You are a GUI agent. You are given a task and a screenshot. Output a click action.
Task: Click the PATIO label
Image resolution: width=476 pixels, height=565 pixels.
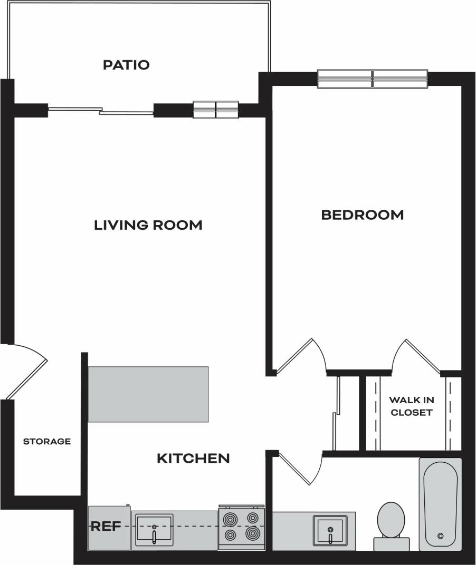click(126, 65)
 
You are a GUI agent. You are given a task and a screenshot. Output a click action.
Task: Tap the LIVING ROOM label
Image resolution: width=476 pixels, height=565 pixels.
click(148, 225)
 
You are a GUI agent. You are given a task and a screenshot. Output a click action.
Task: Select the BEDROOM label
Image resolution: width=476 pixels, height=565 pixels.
click(363, 215)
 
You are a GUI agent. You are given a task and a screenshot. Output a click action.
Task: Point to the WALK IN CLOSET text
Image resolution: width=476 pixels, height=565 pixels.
click(411, 406)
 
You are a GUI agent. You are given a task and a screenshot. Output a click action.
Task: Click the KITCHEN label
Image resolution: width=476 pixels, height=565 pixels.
click(193, 459)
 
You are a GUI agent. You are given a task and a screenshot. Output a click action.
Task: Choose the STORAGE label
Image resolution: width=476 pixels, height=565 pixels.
click(46, 441)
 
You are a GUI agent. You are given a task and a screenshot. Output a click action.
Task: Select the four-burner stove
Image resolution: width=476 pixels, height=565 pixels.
click(242, 527)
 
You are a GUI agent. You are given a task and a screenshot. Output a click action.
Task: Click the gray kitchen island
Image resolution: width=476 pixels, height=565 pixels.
click(148, 394)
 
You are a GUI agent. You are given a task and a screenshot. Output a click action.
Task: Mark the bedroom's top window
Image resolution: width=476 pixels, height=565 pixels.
click(372, 79)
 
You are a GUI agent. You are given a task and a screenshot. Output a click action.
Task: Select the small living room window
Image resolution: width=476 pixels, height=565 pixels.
click(216, 110)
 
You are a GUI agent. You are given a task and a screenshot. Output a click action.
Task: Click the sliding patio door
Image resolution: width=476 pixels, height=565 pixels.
click(100, 111)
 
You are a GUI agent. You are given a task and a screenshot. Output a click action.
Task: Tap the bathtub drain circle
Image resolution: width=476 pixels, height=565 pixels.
click(441, 535)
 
